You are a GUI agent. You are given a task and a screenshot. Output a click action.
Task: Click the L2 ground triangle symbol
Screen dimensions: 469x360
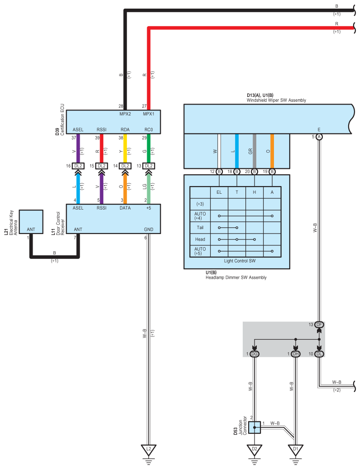148,450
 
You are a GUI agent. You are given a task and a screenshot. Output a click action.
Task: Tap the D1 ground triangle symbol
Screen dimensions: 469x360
295,450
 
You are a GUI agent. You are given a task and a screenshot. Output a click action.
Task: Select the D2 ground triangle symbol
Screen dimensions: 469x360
254,450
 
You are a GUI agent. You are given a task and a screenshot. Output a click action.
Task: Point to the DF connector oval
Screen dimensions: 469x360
319,325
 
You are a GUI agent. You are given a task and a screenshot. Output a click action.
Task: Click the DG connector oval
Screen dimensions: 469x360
254,353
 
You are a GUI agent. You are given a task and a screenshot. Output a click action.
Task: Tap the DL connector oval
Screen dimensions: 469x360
319,353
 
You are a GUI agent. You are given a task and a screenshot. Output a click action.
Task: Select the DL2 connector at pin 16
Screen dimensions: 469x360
78,166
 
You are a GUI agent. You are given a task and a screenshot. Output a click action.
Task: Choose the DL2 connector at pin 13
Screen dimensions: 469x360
148,166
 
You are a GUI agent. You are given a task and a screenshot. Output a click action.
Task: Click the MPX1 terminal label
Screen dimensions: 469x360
148,114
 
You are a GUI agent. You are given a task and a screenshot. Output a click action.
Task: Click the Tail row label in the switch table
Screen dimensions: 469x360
200,227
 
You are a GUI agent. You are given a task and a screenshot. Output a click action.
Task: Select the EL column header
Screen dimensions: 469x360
219,192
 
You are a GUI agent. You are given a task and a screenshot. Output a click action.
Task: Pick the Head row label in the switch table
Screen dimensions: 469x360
200,239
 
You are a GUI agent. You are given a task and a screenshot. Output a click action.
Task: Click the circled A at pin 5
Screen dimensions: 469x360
319,137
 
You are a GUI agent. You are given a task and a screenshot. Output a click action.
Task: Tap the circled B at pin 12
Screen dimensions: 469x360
219,172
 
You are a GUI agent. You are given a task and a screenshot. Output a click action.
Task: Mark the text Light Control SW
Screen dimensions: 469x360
240,261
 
